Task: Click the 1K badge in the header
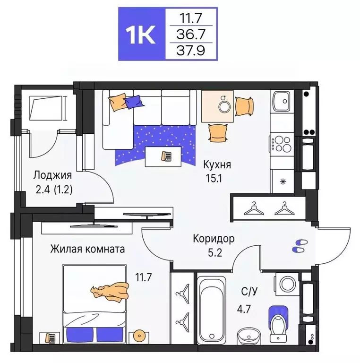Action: point(140,34)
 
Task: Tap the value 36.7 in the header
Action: point(191,34)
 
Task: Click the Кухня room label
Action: point(217,165)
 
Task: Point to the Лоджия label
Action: point(52,175)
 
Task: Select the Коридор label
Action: point(214,239)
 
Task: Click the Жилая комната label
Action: point(88,249)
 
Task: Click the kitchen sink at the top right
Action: point(282,100)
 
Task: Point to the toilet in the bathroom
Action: point(279,322)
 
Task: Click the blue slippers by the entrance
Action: point(299,245)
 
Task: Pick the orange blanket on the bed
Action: point(111,291)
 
